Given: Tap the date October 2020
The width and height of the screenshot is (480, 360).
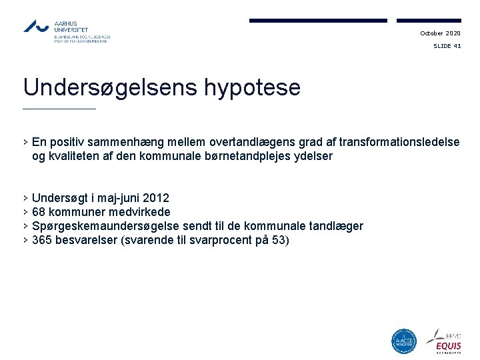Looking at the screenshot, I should tap(440, 33).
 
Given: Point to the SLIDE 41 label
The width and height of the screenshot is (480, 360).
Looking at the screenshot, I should tap(447, 46).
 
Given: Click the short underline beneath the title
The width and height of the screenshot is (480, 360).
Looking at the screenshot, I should tap(59, 109).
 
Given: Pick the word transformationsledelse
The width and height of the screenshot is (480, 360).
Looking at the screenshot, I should tap(399, 142).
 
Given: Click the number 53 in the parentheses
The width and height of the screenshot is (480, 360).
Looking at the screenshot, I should tap(279, 240).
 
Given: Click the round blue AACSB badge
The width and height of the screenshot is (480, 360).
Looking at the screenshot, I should tap(404, 341).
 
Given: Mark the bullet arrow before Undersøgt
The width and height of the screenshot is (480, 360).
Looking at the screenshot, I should tap(25, 198).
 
